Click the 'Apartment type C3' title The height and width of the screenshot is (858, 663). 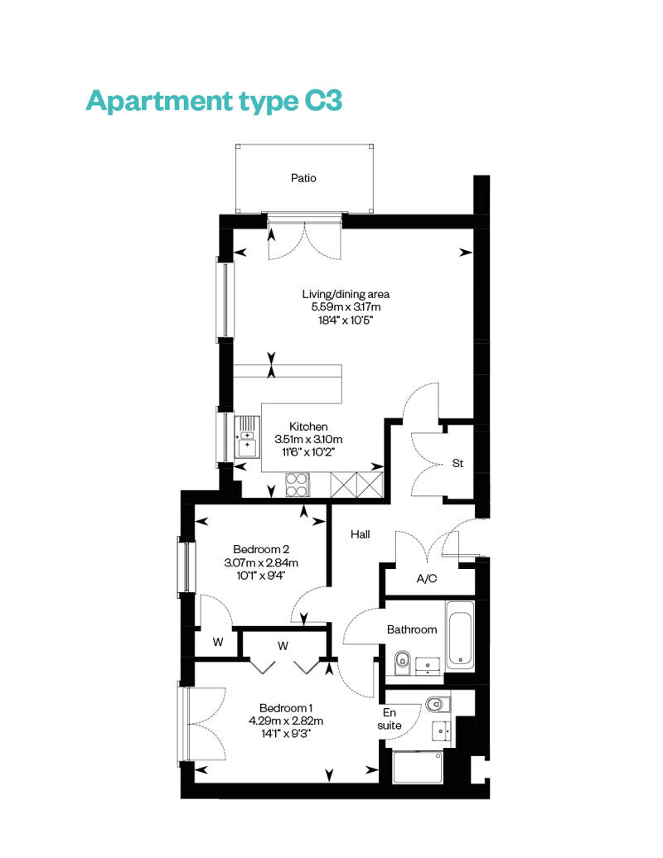[x=214, y=101]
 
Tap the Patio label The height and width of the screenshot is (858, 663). [x=303, y=178]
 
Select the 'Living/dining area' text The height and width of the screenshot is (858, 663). [x=346, y=294]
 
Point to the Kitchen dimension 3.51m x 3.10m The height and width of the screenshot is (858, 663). [x=309, y=440]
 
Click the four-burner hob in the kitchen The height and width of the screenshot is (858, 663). [x=298, y=484]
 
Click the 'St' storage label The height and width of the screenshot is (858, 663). [x=457, y=464]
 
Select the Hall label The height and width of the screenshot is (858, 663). [x=361, y=535]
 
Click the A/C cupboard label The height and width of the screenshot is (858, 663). [x=427, y=578]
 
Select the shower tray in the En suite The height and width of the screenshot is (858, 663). [x=418, y=767]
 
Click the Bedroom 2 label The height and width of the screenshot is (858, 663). [x=261, y=549]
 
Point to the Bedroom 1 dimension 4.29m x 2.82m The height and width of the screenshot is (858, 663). [x=286, y=721]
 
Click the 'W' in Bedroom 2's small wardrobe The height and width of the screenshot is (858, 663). [x=218, y=642]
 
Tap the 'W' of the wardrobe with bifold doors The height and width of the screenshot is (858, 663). [x=283, y=646]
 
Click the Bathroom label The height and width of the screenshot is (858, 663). [x=412, y=629]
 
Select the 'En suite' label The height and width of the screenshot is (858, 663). [x=390, y=719]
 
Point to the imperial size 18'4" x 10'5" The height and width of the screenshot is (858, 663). [x=346, y=321]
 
